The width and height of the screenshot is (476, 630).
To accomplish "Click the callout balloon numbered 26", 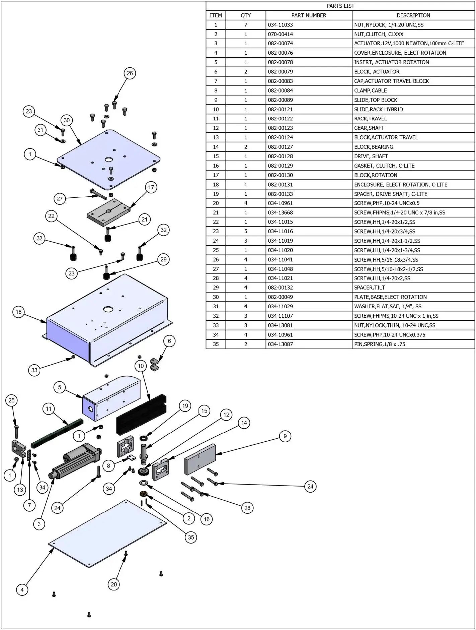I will [x=130, y=73].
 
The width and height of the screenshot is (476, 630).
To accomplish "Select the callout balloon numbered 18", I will [x=19, y=312].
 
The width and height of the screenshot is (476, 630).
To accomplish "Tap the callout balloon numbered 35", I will [x=191, y=537].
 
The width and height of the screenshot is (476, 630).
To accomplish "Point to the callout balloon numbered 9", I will [x=285, y=436].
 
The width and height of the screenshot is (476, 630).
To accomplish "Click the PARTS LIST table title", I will [x=340, y=6].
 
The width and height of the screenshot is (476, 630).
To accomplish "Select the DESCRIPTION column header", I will [x=413, y=15].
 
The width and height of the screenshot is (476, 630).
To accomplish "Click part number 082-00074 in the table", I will [x=280, y=44].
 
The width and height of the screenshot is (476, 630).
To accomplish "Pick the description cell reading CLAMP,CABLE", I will [x=370, y=90].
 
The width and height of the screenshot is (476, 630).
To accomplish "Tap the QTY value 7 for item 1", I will [x=245, y=25].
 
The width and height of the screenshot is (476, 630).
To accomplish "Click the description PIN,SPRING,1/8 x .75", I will [x=379, y=344].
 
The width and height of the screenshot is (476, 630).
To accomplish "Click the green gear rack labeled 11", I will [x=57, y=434].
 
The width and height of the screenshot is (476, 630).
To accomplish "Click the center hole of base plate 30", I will [x=108, y=160].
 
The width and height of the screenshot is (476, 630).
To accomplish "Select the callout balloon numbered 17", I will [x=151, y=187].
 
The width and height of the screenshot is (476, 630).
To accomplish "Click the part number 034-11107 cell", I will [x=280, y=316].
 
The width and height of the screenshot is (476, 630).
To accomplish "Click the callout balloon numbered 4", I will [x=22, y=590].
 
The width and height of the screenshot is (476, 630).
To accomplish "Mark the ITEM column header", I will [x=216, y=15].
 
